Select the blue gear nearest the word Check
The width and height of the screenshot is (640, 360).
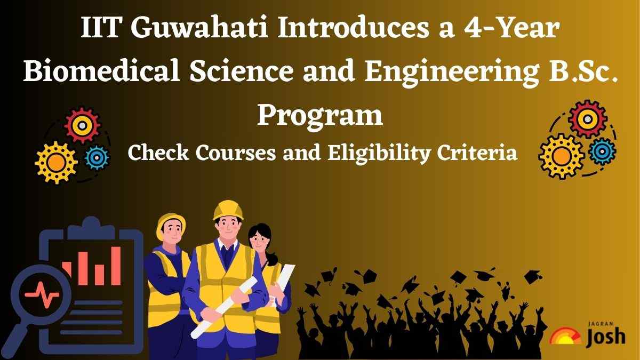pos(97,156)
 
